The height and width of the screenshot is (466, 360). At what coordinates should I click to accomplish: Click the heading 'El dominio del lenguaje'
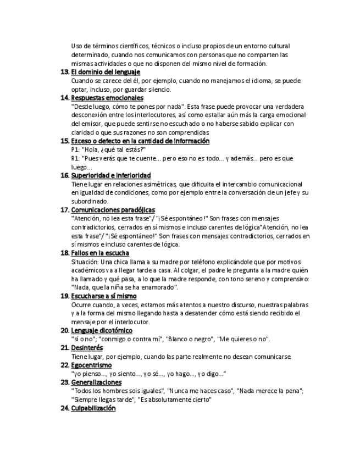click(106, 72)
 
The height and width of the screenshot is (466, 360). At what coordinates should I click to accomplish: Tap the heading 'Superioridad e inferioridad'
click(110, 175)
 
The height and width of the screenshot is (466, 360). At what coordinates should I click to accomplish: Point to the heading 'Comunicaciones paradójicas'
click(113, 210)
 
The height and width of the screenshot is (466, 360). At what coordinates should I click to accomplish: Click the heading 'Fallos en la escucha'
click(100, 253)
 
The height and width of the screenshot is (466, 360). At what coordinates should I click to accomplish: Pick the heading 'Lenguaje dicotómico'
click(102, 330)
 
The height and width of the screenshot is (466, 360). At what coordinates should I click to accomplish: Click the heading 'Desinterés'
click(87, 348)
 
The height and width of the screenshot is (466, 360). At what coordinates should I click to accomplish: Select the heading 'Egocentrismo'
click(91, 365)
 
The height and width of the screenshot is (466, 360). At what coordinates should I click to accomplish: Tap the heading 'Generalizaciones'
click(97, 382)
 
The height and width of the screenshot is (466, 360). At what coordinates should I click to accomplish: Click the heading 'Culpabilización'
click(93, 408)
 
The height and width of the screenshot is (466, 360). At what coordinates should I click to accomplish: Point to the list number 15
click(64, 141)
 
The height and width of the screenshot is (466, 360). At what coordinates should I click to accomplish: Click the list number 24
click(64, 408)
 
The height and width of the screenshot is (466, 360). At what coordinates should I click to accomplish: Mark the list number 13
click(64, 72)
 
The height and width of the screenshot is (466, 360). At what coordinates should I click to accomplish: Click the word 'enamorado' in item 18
click(162, 287)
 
